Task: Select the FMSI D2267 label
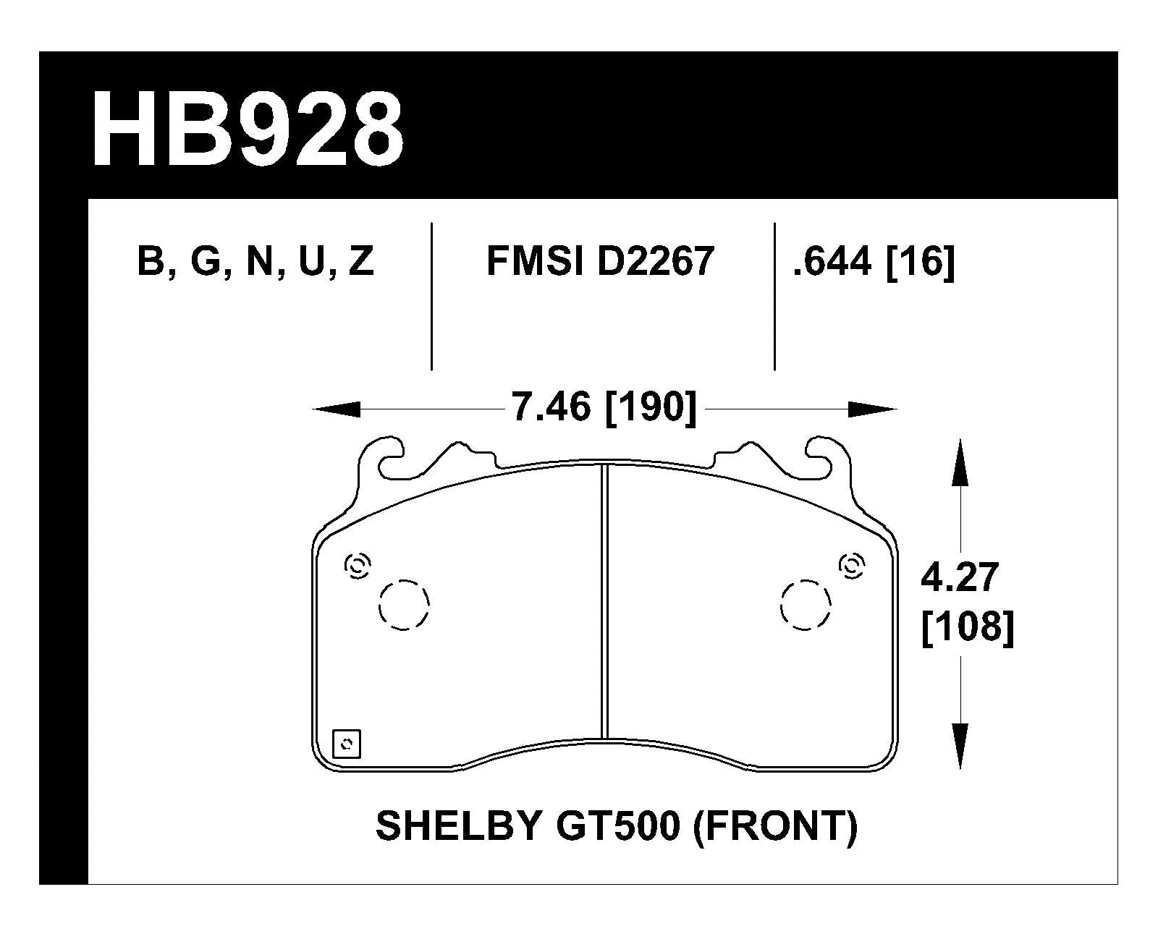(600, 262)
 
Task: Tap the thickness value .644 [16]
(874, 262)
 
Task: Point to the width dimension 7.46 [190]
(604, 408)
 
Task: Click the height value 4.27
(960, 578)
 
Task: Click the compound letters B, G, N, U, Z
(255, 262)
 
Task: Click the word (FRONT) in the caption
(775, 826)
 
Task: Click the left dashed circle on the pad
(404, 604)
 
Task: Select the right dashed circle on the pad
(806, 604)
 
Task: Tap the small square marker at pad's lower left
(346, 744)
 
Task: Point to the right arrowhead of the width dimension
(873, 409)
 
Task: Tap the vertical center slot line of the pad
(604, 600)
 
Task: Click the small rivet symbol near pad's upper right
(852, 566)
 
